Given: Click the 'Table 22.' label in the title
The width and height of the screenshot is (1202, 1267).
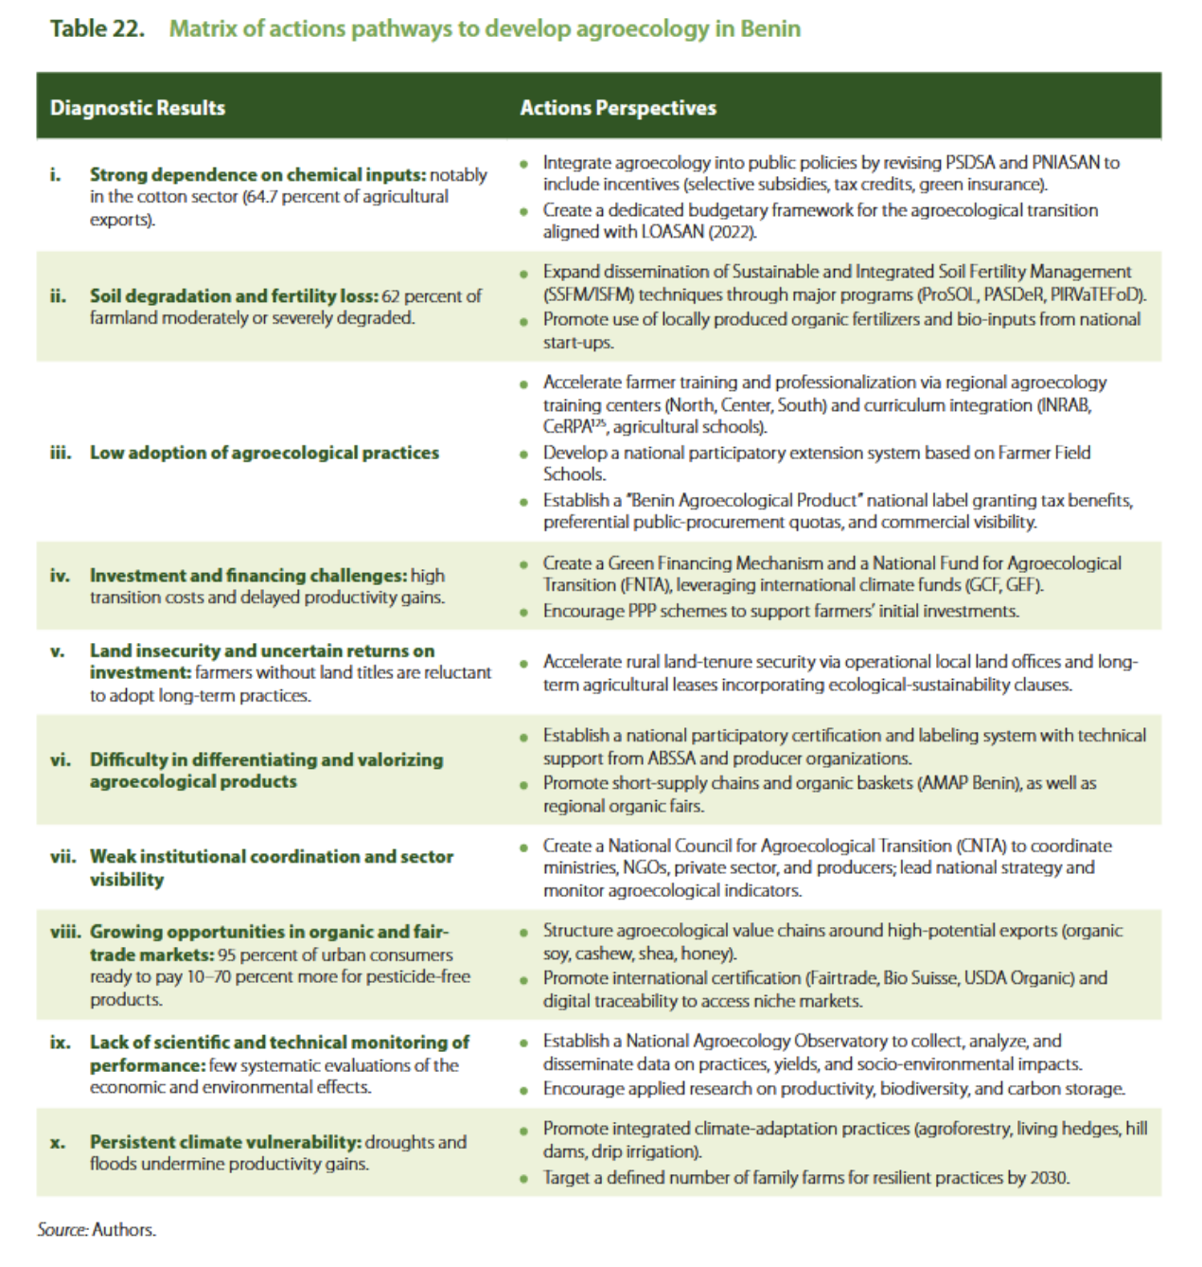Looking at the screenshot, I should tap(97, 28).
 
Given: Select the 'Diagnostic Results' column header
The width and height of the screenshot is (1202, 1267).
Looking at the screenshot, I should tap(137, 107).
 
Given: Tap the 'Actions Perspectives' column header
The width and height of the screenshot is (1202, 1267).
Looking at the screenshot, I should tap(618, 107).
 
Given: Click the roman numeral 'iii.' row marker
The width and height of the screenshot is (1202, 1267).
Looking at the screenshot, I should tap(62, 453).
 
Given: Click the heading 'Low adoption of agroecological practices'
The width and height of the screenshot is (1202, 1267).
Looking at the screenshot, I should tap(264, 453).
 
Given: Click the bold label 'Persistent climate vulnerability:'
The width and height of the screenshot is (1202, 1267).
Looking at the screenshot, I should tap(225, 1142).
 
